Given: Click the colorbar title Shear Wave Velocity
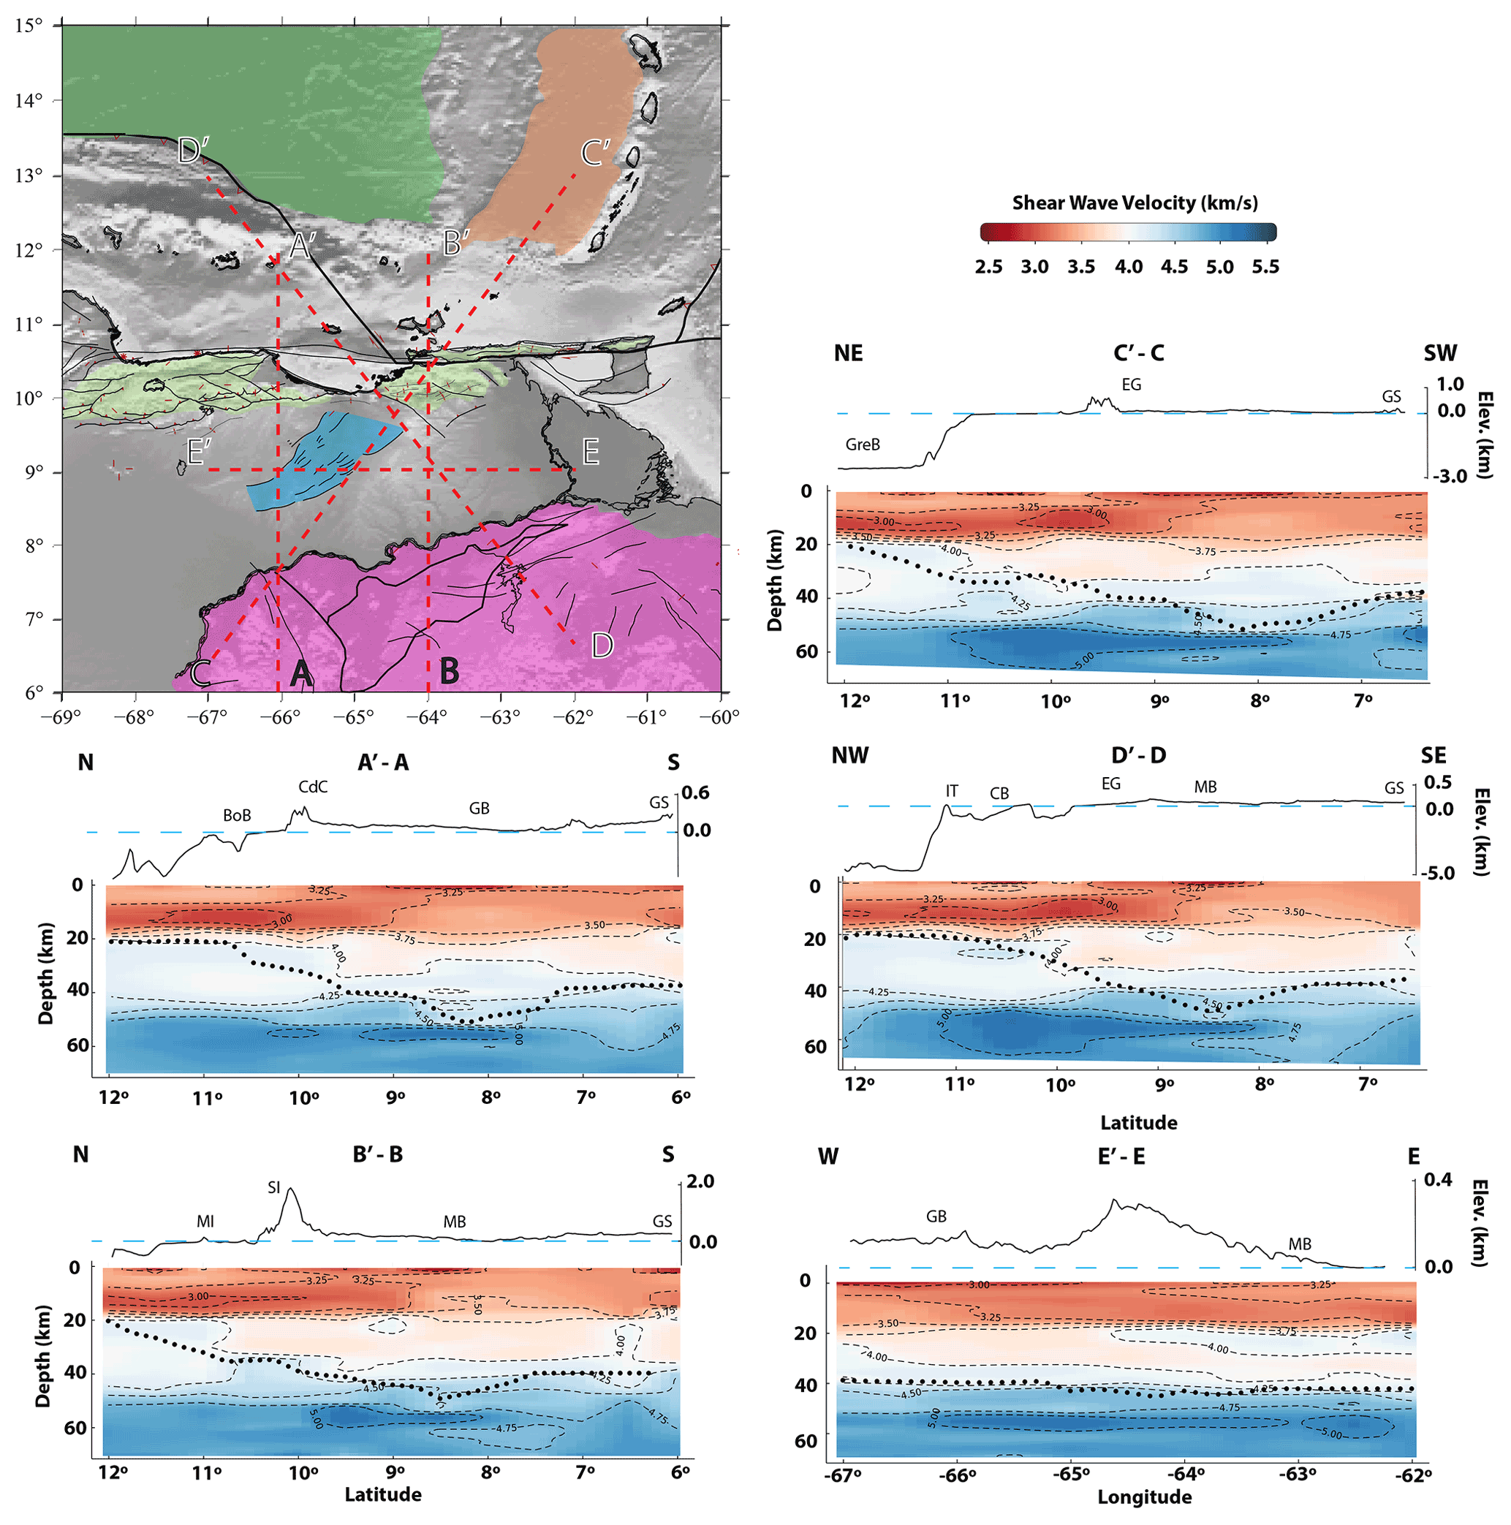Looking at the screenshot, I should click(1135, 203).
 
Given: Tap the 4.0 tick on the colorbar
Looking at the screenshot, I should click(1128, 267).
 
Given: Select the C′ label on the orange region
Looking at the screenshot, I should click(596, 152).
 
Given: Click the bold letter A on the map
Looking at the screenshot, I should click(300, 673).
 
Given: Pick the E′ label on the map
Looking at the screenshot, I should click(199, 452).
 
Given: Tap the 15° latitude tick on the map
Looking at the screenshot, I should click(29, 26).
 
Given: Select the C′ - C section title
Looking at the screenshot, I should click(1137, 353).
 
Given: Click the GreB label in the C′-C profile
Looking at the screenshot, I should click(862, 444).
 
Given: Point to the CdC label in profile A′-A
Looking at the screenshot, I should click(313, 786).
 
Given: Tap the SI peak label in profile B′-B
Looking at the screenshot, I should click(274, 1187).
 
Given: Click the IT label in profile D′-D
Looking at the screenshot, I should click(952, 790).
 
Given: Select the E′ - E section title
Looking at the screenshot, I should click(1121, 1157).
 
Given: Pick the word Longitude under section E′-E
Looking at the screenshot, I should click(1144, 1496).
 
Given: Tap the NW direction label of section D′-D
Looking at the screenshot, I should click(849, 755).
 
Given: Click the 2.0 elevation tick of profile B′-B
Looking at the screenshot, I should click(700, 1181).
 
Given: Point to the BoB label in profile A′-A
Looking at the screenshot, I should click(237, 814).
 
